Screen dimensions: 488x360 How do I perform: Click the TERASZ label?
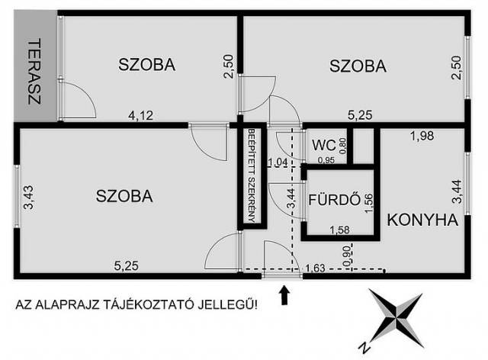pyautogui.click(x=35, y=72)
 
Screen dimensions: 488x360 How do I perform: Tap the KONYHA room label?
pyautogui.click(x=422, y=220)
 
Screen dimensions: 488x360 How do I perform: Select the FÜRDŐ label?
pyautogui.click(x=334, y=200)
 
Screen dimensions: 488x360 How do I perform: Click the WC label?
pyautogui.click(x=324, y=145)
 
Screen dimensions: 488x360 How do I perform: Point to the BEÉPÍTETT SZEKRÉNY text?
pyautogui.click(x=252, y=175)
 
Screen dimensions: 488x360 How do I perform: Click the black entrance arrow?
pyautogui.click(x=284, y=295)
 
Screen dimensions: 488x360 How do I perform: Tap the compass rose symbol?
pyautogui.click(x=396, y=317)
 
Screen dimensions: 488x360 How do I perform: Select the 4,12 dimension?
pyautogui.click(x=140, y=115)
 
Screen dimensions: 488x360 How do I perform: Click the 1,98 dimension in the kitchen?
pyautogui.click(x=422, y=136)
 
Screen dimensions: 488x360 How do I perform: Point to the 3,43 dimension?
pyautogui.click(x=29, y=197)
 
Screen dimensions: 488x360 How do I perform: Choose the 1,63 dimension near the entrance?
pyautogui.click(x=316, y=268)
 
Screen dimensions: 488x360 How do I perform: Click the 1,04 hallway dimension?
pyautogui.click(x=278, y=162)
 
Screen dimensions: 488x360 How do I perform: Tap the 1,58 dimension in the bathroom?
pyautogui.click(x=339, y=230)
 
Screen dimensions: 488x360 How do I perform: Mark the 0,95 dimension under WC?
pyautogui.click(x=326, y=160)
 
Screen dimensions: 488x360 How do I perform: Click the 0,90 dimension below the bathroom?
pyautogui.click(x=348, y=255)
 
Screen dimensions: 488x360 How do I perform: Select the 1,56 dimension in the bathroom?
pyautogui.click(x=369, y=203)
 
